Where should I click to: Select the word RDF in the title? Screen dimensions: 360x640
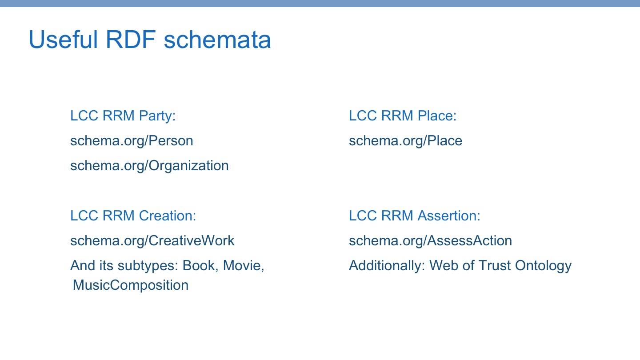131,40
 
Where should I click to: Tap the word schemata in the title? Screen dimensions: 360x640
217,40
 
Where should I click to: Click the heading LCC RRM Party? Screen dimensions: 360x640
123,116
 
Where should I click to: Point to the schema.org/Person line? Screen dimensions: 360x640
132,141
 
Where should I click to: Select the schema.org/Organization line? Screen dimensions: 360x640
149,166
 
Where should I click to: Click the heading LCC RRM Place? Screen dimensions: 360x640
403,116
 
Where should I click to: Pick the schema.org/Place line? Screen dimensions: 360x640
405,141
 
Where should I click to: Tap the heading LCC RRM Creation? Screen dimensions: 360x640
133,216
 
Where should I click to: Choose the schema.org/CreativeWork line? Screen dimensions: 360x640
152,240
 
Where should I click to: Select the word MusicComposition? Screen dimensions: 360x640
130,285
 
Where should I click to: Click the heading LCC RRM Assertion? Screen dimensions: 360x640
414,216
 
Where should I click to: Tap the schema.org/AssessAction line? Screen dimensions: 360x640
430,240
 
